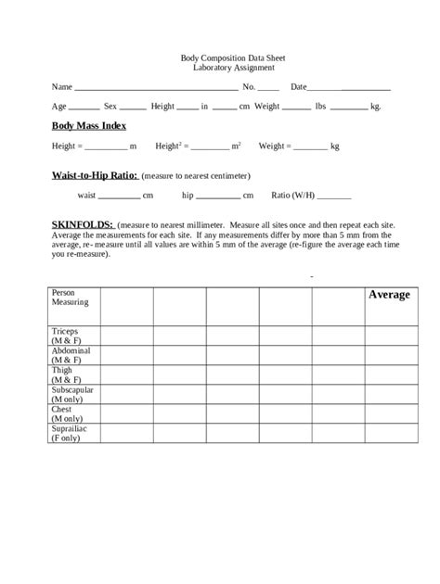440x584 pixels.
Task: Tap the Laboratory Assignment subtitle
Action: [220, 69]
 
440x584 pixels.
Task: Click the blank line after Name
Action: [155, 89]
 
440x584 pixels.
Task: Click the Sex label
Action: [110, 108]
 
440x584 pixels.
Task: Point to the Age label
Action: [58, 108]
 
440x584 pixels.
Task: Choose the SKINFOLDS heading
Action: [83, 224]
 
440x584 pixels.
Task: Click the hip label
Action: [188, 197]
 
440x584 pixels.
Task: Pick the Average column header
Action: [389, 295]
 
